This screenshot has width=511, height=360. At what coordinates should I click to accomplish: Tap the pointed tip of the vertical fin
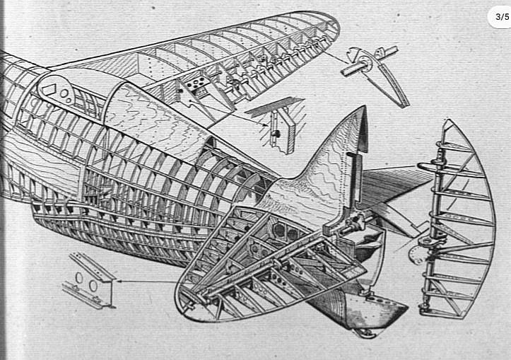tap(364, 109)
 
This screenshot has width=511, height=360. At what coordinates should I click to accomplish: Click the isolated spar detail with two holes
tap(88, 279)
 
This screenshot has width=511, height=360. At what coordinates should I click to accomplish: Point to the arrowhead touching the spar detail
tap(117, 281)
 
